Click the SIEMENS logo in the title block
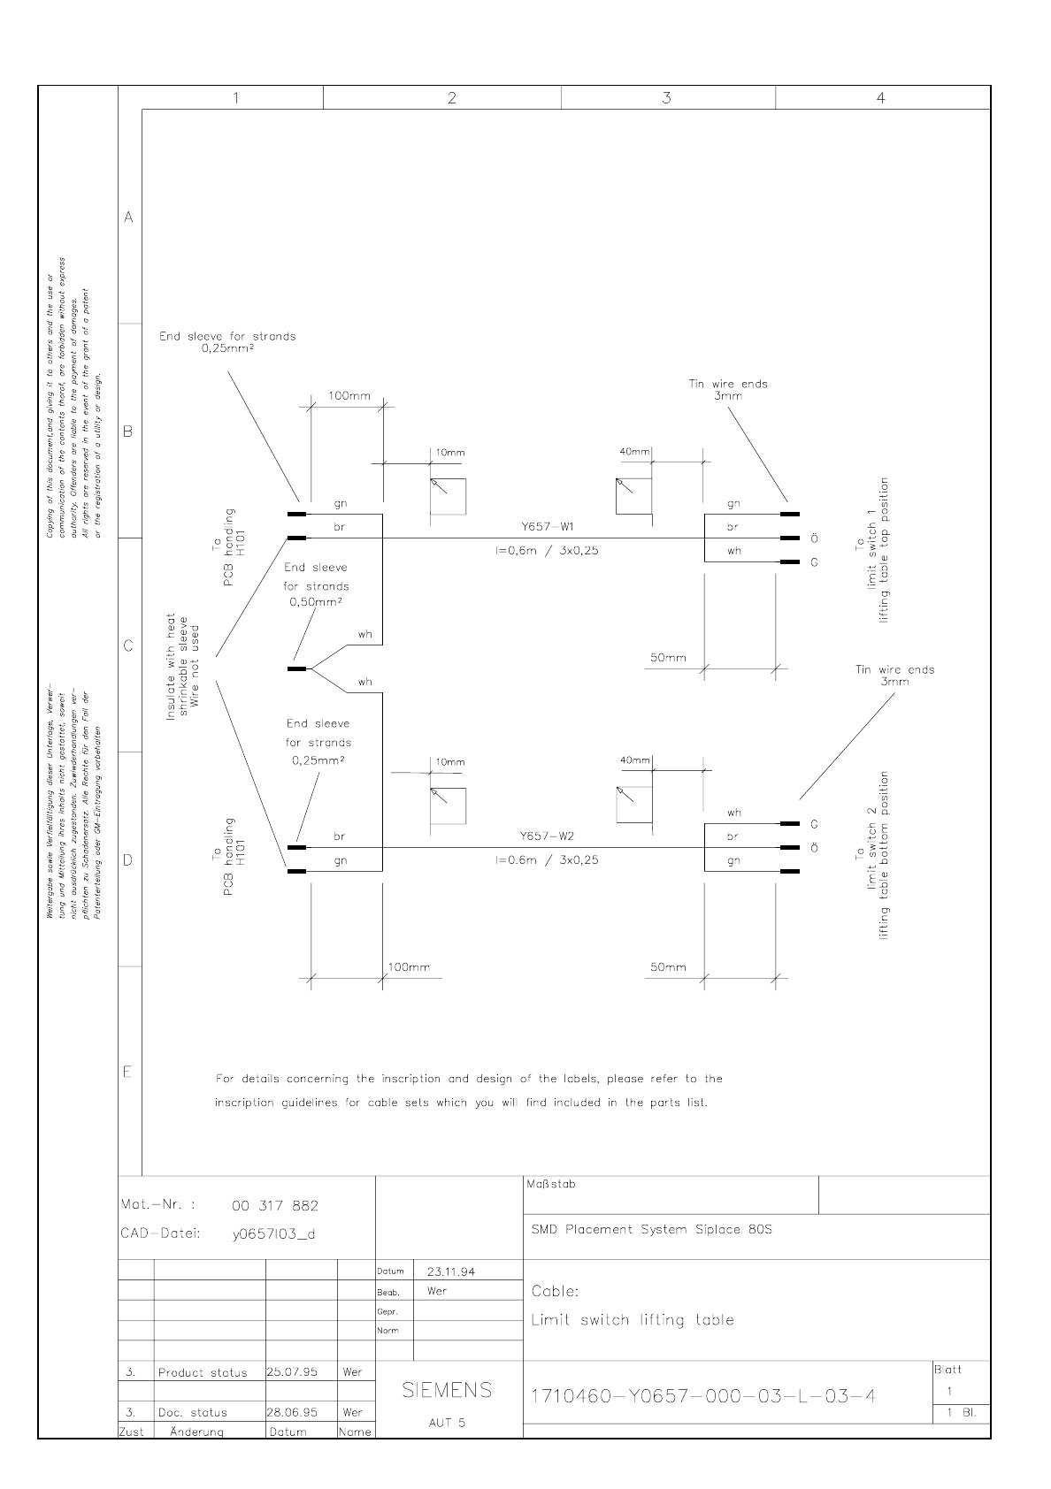pyautogui.click(x=447, y=1390)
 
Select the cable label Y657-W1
pyautogui.click(x=548, y=527)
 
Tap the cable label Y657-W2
pyautogui.click(x=548, y=836)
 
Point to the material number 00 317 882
pyautogui.click(x=274, y=1206)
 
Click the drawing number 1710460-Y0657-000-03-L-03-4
pyautogui.click(x=703, y=1396)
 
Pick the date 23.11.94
pyautogui.click(x=450, y=1271)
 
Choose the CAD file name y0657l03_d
pyautogui.click(x=273, y=1234)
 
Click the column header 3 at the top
pyautogui.click(x=666, y=98)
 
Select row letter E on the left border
pyautogui.click(x=128, y=1073)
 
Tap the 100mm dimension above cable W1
pyautogui.click(x=349, y=395)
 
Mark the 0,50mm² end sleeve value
pyautogui.click(x=316, y=602)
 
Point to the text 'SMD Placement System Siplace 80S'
pyautogui.click(x=652, y=1229)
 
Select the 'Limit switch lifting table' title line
pyautogui.click(x=633, y=1320)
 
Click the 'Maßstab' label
pyautogui.click(x=550, y=1184)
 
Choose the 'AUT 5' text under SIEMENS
pyautogui.click(x=447, y=1423)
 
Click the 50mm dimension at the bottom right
pyautogui.click(x=668, y=967)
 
